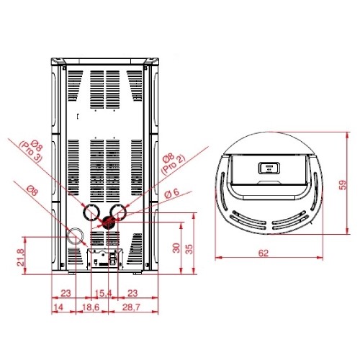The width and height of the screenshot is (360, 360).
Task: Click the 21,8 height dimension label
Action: (21, 257)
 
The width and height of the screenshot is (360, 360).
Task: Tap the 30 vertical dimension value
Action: (176, 248)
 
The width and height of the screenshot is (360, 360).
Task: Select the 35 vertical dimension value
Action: (189, 249)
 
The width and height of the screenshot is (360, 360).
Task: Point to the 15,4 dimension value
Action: (104, 293)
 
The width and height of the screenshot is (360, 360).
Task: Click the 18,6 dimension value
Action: (91, 307)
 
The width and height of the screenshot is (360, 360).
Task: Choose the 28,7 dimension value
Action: (131, 307)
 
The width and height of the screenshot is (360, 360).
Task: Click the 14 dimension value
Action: (58, 307)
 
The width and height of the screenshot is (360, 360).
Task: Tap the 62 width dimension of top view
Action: (264, 253)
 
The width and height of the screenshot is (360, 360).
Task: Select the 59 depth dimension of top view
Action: (343, 185)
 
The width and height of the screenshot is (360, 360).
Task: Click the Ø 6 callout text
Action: (172, 194)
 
